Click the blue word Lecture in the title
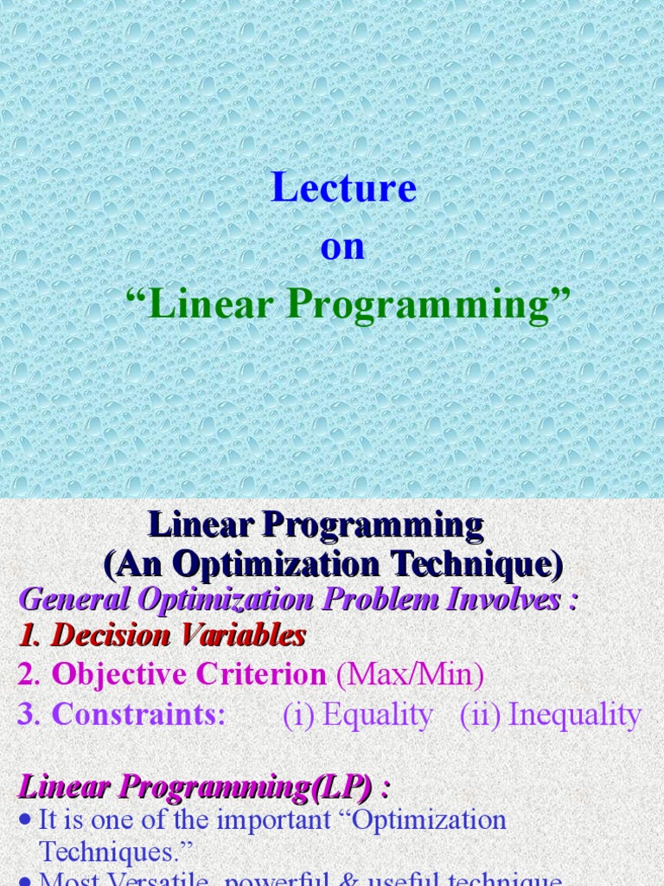[343, 188]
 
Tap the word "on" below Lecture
[342, 247]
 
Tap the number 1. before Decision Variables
[31, 636]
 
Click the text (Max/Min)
[409, 675]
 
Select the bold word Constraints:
[138, 715]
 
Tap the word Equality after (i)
[377, 715]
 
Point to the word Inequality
[575, 715]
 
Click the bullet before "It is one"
[25, 820]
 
